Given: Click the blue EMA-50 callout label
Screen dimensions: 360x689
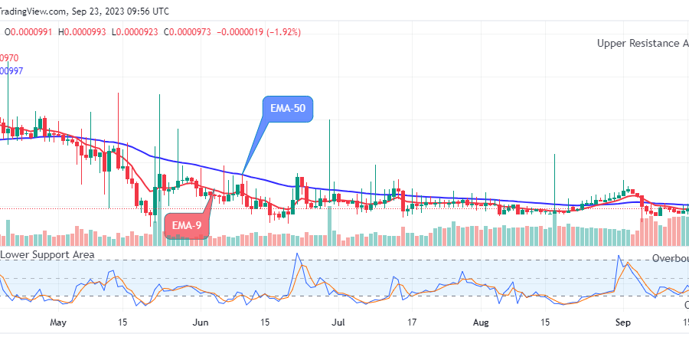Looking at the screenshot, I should (288, 109).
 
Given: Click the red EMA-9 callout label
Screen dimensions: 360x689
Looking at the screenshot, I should (186, 226).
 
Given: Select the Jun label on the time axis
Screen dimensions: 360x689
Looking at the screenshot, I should (201, 323).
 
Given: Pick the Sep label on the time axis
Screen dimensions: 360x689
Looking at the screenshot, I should (623, 323).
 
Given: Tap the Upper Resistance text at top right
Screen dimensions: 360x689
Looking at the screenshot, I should (642, 44).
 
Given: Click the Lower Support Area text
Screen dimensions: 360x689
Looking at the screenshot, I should (47, 254).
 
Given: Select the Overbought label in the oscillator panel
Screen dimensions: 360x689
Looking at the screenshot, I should (670, 259).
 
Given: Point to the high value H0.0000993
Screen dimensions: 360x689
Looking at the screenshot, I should (86, 32).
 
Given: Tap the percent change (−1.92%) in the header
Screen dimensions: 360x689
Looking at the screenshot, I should (280, 32).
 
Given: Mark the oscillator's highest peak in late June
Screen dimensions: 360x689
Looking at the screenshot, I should (298, 254).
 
